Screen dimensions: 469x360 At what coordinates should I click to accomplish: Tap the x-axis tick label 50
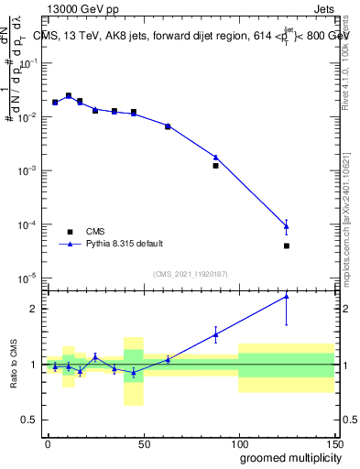[143, 442]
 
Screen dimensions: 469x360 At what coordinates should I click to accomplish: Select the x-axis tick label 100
[238, 442]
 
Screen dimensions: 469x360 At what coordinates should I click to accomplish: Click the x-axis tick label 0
[48, 442]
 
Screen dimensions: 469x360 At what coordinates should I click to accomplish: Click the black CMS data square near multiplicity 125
[287, 245]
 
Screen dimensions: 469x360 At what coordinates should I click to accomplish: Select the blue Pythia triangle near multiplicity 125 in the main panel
[287, 225]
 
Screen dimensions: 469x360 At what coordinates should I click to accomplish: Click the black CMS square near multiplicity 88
[215, 166]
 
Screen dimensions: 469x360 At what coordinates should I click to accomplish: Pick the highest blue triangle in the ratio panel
[287, 296]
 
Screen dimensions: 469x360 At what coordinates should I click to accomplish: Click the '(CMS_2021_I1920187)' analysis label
[190, 274]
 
